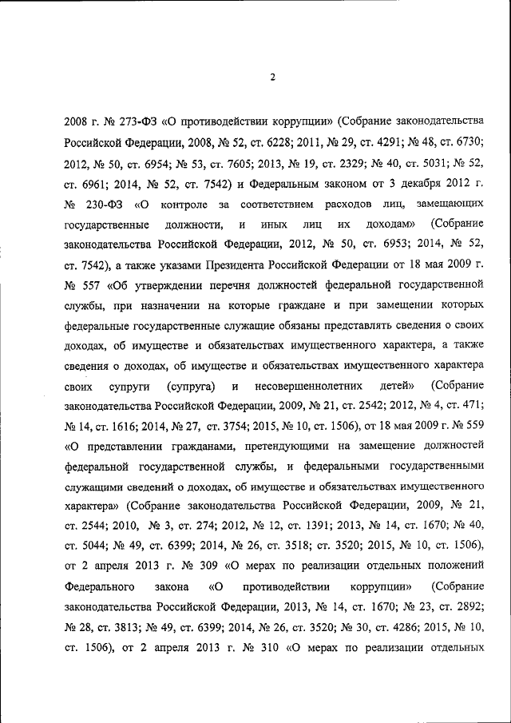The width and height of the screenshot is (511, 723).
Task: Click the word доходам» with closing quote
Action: coord(388,225)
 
